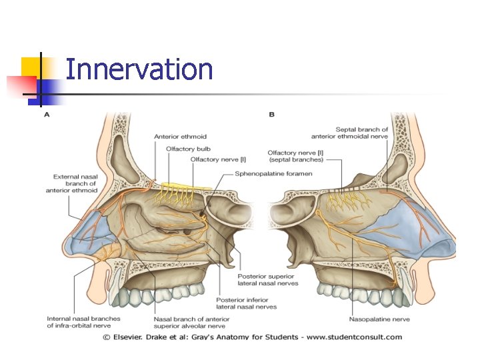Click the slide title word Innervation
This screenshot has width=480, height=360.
(139, 69)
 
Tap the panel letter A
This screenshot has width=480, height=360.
(47, 115)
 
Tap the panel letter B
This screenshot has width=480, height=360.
(272, 115)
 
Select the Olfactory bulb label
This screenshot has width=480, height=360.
(188, 149)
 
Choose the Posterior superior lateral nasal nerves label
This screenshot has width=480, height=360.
(267, 279)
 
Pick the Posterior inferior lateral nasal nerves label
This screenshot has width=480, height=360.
(246, 303)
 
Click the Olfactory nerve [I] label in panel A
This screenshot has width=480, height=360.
(219, 159)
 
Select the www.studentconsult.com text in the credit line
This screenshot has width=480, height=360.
(361, 337)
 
